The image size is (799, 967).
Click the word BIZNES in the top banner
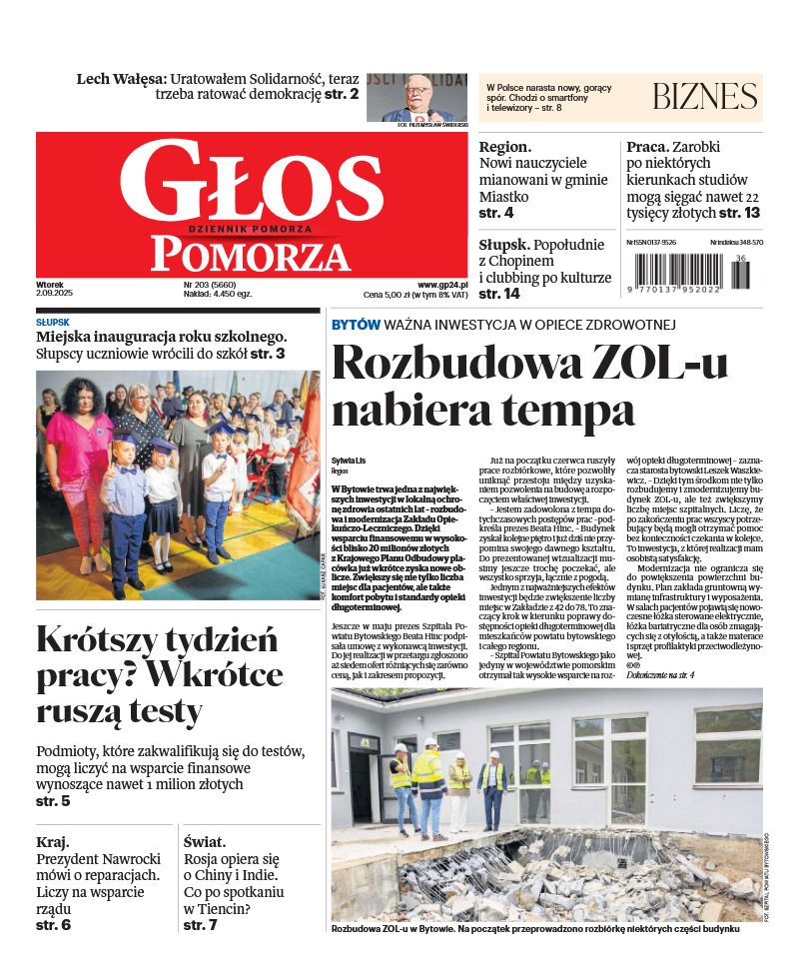(x=704, y=97)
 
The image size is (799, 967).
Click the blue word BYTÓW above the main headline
(x=356, y=325)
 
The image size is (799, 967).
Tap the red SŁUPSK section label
(x=52, y=323)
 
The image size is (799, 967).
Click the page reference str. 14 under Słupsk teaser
(x=499, y=294)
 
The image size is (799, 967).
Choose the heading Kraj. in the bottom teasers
(x=53, y=842)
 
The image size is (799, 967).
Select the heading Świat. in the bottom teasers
(x=205, y=842)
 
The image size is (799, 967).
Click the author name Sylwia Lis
(x=350, y=460)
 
